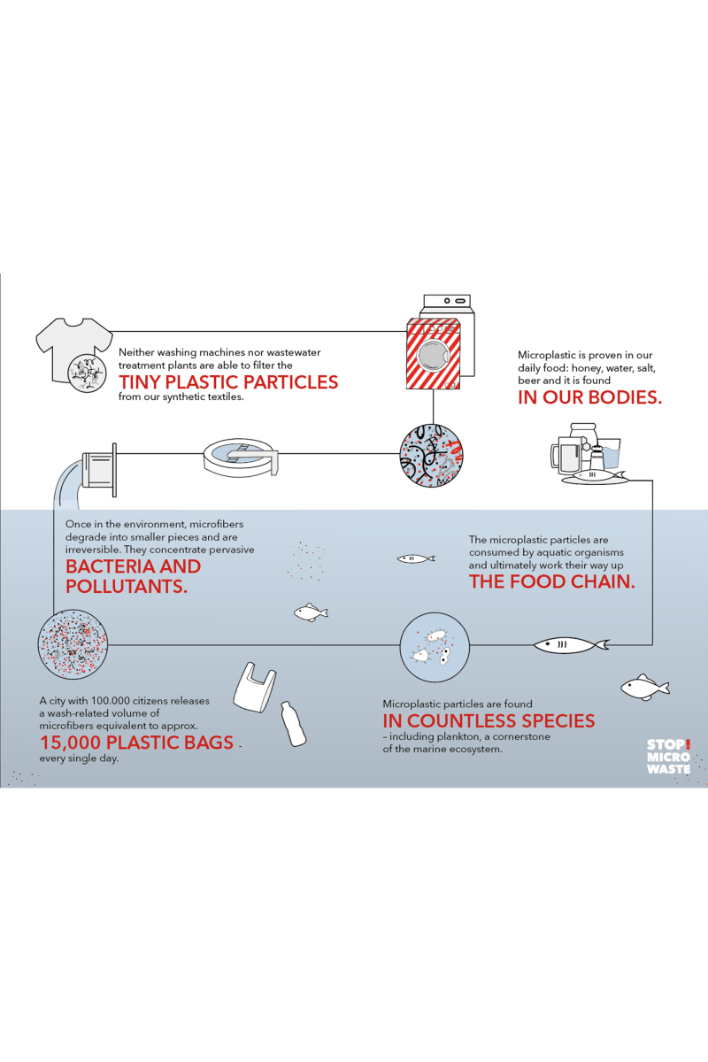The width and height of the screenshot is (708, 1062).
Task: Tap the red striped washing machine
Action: pos(434,354)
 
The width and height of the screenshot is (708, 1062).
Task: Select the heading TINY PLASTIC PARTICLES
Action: pos(228,382)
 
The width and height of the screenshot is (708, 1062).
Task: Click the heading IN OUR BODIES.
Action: pos(589,397)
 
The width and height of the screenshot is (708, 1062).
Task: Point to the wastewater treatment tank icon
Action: pos(241,457)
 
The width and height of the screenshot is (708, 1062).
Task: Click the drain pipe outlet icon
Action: pos(99,470)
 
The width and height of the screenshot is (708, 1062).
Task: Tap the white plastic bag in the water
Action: pos(255,687)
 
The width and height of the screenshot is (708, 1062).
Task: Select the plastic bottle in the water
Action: pos(294,724)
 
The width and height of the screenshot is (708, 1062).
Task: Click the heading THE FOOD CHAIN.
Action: pos(552,581)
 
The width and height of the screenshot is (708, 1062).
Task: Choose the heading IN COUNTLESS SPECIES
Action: pos(489,720)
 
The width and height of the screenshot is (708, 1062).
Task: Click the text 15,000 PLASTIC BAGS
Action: pos(136,743)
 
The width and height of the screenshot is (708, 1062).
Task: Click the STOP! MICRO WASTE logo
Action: pos(668,757)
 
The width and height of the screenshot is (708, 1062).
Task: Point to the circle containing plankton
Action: pos(435,647)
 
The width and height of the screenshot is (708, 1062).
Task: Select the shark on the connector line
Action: pos(572,645)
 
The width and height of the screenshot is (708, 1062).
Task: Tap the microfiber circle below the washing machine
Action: pos(432,456)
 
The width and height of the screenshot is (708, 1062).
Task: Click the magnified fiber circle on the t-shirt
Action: pos(87,373)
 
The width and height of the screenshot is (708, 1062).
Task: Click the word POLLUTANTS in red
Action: pos(127,587)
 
